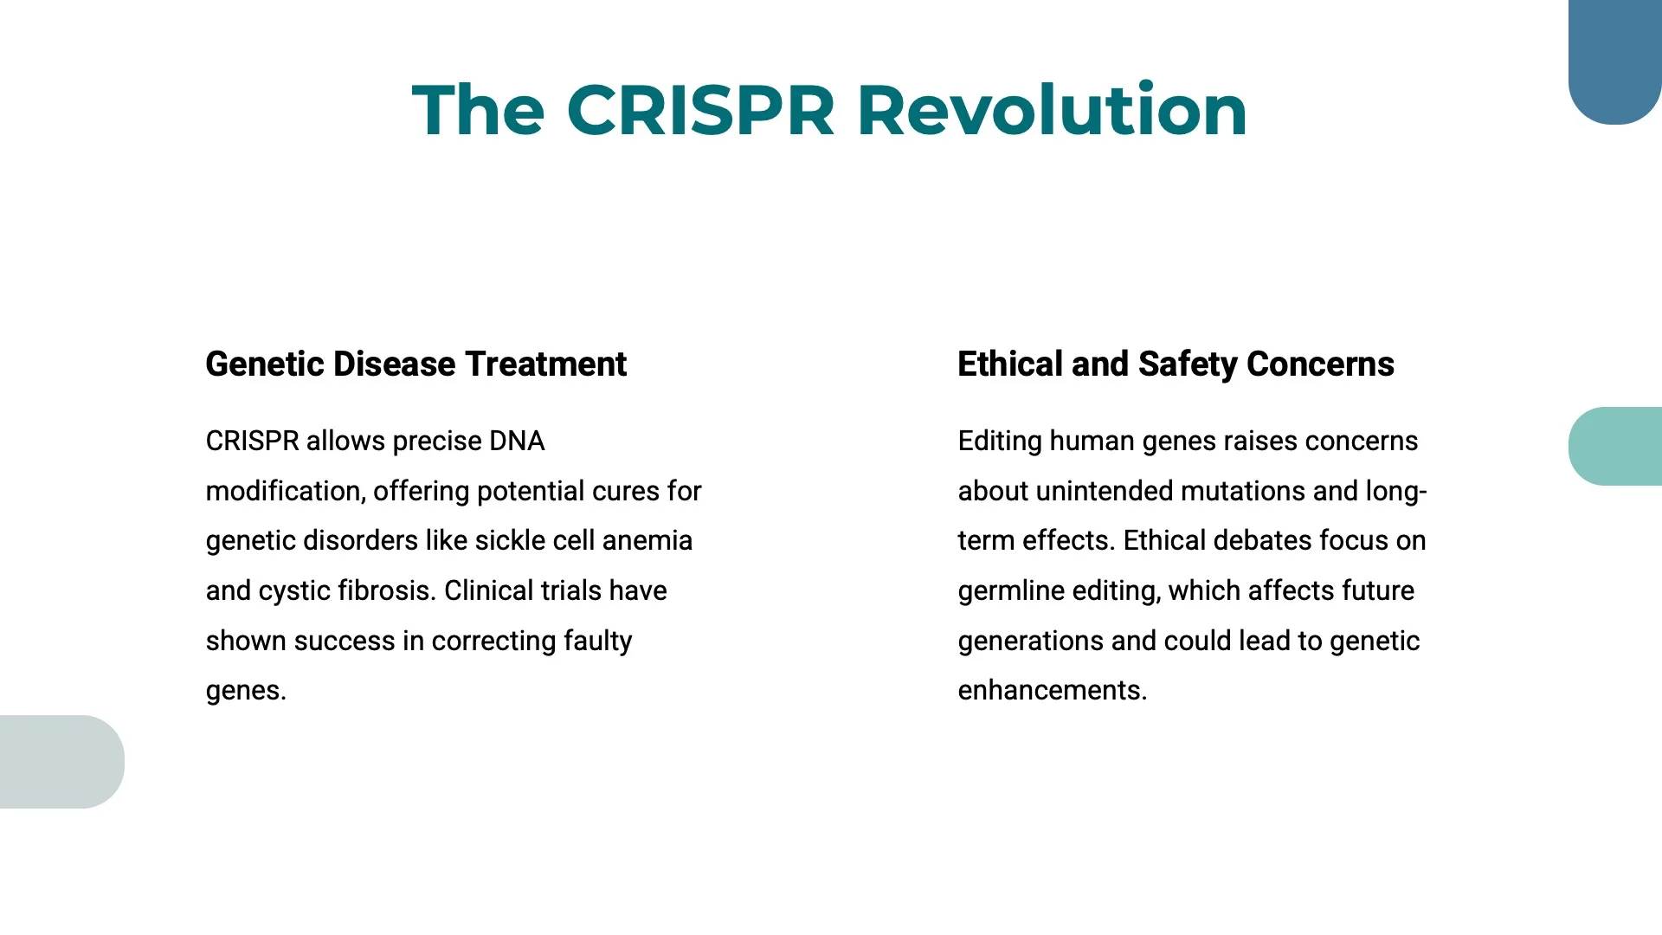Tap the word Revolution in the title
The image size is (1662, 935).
(x=1051, y=111)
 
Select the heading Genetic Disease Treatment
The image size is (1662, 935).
(x=415, y=364)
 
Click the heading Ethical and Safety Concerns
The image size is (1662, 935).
(x=1176, y=364)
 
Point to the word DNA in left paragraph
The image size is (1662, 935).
(x=516, y=442)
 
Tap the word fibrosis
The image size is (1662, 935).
(x=385, y=591)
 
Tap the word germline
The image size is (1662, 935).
(x=1011, y=591)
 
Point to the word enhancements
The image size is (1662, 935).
(x=1052, y=691)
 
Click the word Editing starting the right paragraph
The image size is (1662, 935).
(x=1000, y=442)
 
